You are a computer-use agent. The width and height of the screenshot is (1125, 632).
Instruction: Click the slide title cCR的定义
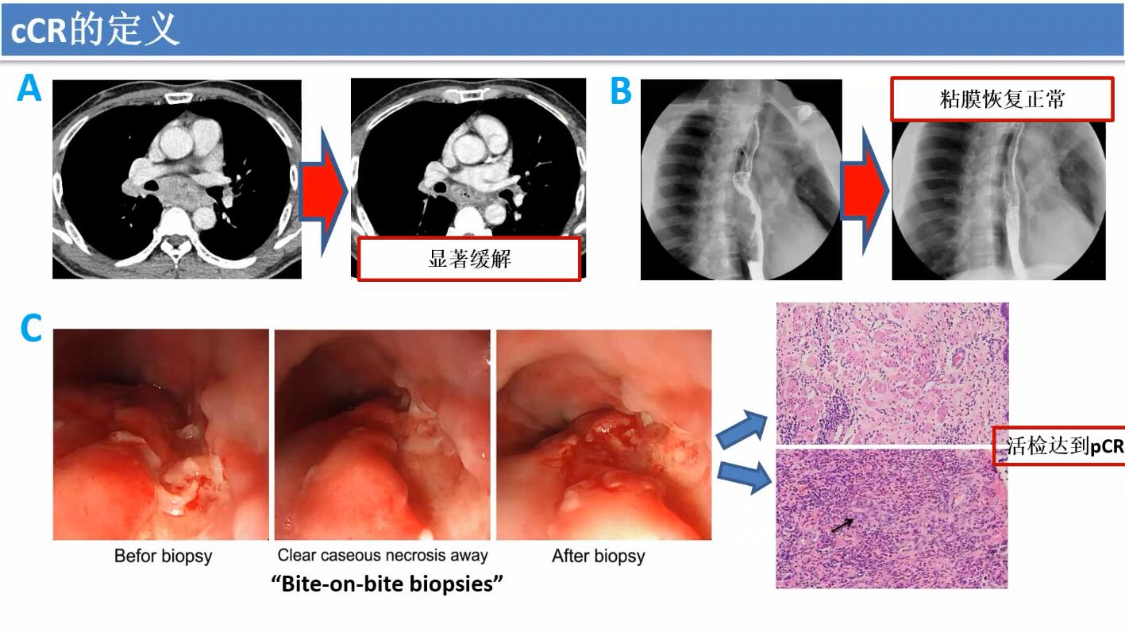[x=95, y=29]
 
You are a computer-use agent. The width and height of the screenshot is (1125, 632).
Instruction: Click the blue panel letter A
[x=29, y=88]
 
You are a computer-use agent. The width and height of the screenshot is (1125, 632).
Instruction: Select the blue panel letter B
[x=621, y=91]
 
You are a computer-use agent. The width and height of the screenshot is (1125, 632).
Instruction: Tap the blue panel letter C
[x=31, y=328]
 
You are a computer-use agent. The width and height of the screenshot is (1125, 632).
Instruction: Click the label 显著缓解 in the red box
[x=469, y=259]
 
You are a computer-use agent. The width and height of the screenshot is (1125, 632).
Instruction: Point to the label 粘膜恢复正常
[x=1002, y=99]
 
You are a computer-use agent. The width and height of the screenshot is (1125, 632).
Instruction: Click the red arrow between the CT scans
[x=323, y=191]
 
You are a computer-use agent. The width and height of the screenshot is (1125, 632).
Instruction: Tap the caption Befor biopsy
[x=164, y=556]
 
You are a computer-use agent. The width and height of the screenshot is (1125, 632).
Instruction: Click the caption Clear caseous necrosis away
[x=383, y=555]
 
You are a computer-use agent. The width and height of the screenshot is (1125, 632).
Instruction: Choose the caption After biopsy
[x=599, y=556]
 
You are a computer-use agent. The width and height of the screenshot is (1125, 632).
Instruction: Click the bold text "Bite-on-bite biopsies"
[x=387, y=584]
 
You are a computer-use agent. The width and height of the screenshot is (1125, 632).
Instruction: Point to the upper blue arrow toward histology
[x=742, y=429]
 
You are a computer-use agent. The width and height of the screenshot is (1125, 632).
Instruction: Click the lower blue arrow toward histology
[x=745, y=477]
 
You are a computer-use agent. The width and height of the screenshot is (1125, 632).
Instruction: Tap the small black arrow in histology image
[x=842, y=526]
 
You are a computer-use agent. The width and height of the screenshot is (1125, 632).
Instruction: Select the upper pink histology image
[x=892, y=373]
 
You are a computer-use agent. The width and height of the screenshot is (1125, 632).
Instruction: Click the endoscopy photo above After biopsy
[x=604, y=434]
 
